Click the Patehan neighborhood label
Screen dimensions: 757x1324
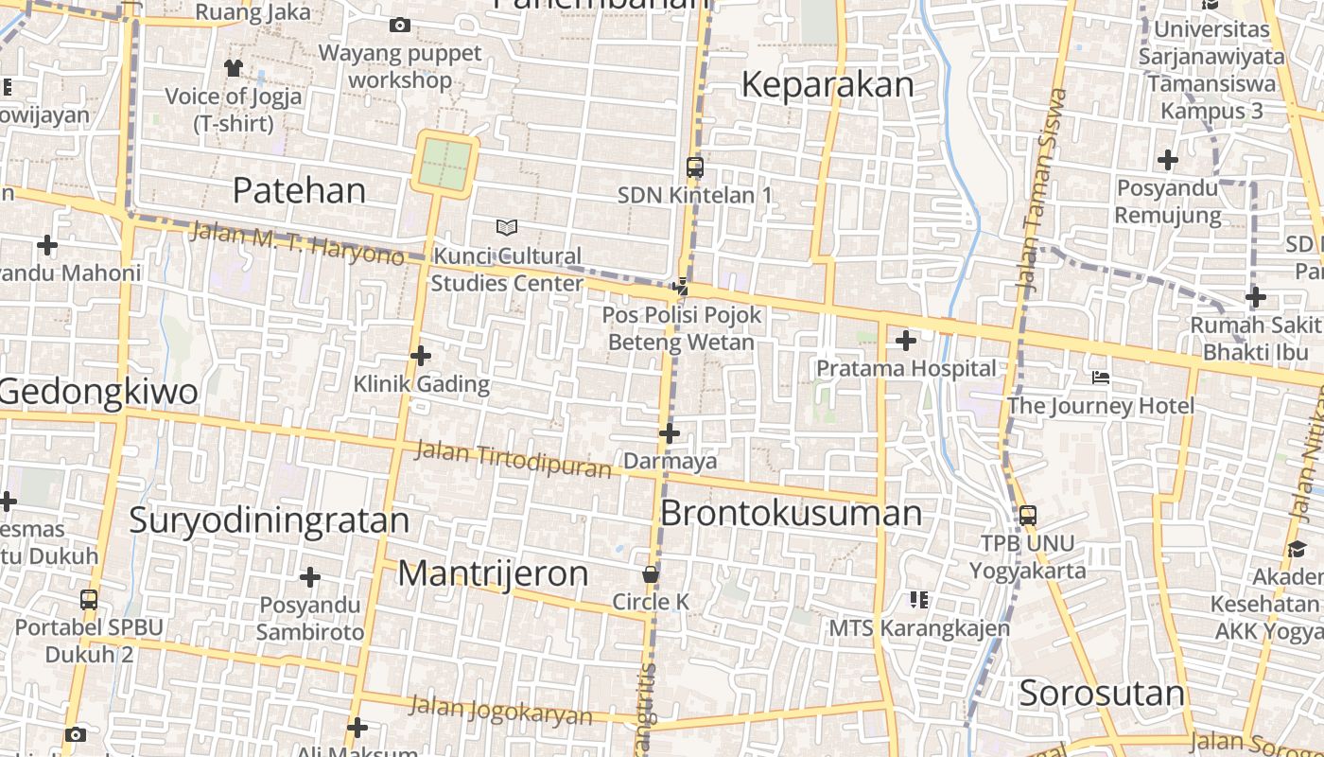pos(299,191)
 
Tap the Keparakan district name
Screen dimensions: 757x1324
pos(827,85)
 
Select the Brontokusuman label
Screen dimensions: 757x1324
pos(791,513)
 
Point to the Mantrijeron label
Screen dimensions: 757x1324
pos(493,573)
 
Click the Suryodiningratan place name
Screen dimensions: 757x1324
pos(269,520)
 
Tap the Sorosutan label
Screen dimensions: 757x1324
pos(1102,694)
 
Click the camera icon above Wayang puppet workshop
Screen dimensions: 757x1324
pos(400,25)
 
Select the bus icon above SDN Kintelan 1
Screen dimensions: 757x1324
pos(695,167)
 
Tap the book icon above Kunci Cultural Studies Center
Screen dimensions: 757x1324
pos(507,227)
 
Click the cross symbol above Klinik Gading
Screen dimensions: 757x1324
pos(421,356)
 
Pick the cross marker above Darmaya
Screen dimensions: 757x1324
pos(670,433)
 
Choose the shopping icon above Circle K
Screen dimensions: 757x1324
pos(651,574)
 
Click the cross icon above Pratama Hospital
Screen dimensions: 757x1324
pos(906,340)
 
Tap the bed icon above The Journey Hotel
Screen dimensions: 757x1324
pos(1100,378)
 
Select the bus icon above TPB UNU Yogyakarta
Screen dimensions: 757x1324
pos(1028,516)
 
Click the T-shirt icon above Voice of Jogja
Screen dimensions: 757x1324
pos(234,67)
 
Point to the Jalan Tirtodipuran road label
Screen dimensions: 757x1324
pos(514,460)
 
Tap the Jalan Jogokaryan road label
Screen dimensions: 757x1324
pos(501,711)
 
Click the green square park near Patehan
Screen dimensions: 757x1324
pos(444,164)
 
